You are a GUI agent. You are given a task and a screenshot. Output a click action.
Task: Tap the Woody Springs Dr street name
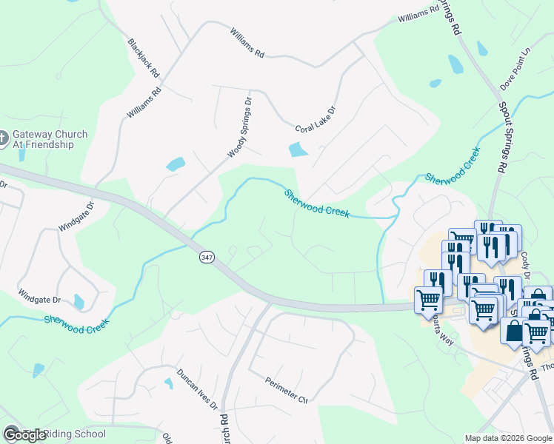[239, 127]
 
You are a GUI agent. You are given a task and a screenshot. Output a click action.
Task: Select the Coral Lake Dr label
[316, 119]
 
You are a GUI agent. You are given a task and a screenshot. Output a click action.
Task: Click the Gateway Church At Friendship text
[49, 139]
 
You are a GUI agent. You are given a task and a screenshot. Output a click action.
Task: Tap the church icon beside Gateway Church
[4, 138]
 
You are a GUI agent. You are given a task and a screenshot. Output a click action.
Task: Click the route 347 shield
[207, 257]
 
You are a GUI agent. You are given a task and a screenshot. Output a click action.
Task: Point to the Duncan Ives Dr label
[197, 389]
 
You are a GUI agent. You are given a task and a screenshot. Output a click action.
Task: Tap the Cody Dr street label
[527, 263]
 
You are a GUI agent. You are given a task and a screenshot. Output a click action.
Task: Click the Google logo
[24, 434]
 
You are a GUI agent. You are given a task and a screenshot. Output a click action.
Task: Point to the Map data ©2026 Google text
[508, 438]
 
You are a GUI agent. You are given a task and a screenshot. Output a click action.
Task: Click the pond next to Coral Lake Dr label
[297, 149]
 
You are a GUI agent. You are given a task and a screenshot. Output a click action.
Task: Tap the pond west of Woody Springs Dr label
[176, 164]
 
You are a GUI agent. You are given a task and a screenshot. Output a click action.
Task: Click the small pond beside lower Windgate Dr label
[79, 302]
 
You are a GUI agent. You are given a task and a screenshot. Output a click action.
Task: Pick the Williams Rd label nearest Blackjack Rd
[144, 104]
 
